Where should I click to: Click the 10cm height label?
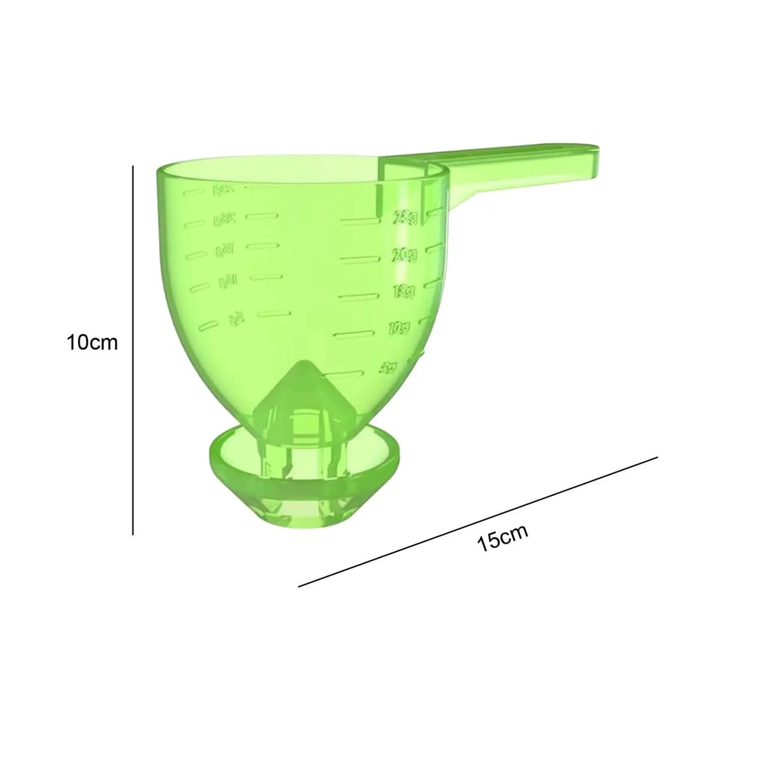92,342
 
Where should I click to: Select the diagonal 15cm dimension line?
478,522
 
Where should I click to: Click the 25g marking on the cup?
405,219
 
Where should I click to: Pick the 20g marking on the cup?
404,255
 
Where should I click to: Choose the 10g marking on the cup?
398,329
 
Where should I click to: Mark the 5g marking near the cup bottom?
389,369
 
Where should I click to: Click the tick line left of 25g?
360,221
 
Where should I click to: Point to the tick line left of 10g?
354,333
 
